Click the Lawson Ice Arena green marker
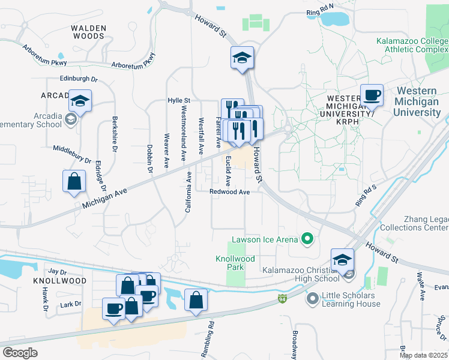(x=307, y=239)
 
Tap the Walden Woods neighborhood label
(x=88, y=32)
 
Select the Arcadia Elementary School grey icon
(x=71, y=120)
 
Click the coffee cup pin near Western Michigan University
(x=372, y=95)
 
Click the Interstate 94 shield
(x=283, y=298)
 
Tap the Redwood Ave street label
(x=229, y=192)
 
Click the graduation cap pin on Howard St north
(x=243, y=58)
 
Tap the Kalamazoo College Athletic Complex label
(x=411, y=46)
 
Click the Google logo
(x=20, y=352)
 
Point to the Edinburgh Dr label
(x=78, y=79)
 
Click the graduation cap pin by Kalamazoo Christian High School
(x=342, y=259)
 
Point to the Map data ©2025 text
(x=424, y=355)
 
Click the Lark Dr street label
(x=70, y=304)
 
